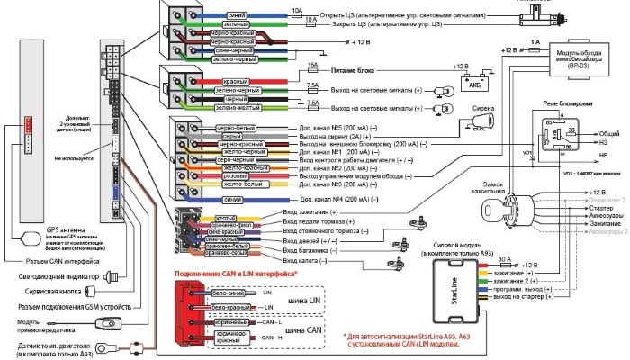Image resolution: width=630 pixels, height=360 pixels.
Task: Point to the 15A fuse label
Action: click(x=312, y=64)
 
